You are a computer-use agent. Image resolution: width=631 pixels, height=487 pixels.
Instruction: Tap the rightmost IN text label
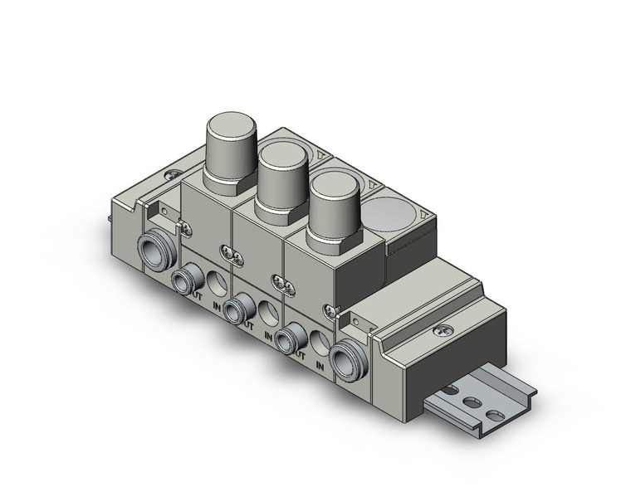click(320, 366)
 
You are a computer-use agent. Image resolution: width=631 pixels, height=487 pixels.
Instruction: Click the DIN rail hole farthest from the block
click(496, 416)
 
